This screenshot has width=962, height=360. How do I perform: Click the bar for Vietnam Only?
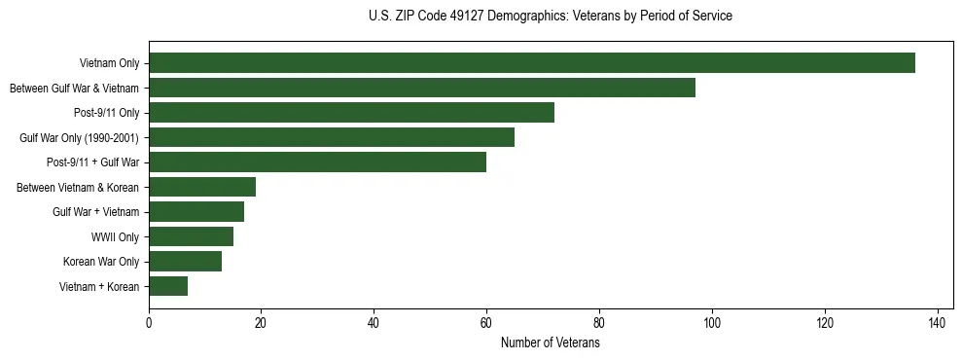532,63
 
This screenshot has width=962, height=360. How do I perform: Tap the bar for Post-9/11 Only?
351,113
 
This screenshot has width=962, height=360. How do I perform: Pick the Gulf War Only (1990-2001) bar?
332,137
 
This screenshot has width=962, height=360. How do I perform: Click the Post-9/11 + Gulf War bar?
317,162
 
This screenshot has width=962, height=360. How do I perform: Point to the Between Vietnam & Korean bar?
202,187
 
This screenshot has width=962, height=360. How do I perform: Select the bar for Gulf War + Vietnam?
196,211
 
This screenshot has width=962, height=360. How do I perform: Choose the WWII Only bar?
191,236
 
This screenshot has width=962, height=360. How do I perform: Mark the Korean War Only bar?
185,261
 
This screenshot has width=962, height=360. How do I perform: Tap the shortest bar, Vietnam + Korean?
168,286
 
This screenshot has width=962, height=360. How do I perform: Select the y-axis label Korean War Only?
101,262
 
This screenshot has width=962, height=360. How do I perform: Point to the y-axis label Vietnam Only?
110,64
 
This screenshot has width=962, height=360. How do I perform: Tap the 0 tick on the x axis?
149,322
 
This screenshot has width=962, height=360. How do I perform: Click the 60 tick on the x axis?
486,322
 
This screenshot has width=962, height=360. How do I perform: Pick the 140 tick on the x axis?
938,322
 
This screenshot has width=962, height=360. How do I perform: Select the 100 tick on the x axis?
712,322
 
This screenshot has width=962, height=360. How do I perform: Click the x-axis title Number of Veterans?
550,343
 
